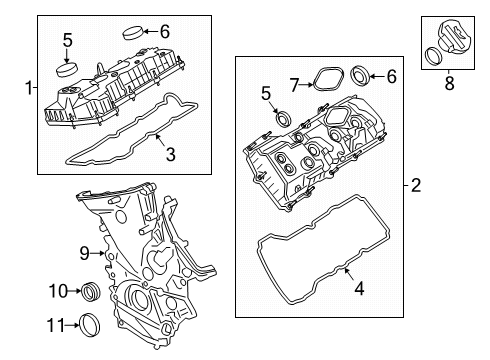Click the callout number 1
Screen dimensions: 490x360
point(29,88)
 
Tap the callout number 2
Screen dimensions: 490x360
point(416,185)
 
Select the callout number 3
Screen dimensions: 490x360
point(170,155)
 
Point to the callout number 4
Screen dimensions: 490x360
point(359,289)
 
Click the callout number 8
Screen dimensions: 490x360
point(449,83)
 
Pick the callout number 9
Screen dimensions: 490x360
point(85,253)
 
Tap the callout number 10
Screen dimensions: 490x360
point(58,291)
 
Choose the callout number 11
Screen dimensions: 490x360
point(55,325)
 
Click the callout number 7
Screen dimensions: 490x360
point(294,85)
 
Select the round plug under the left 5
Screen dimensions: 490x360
point(67,69)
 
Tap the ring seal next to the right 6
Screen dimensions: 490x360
point(360,76)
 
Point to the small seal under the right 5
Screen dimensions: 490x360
point(283,118)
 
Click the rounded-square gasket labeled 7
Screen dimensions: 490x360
point(328,78)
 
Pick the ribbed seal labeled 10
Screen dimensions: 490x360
point(91,291)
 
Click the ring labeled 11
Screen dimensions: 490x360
point(90,325)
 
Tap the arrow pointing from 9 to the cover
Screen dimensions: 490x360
point(98,254)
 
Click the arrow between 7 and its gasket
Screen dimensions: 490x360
point(306,85)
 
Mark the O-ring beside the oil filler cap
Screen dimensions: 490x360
point(433,56)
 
